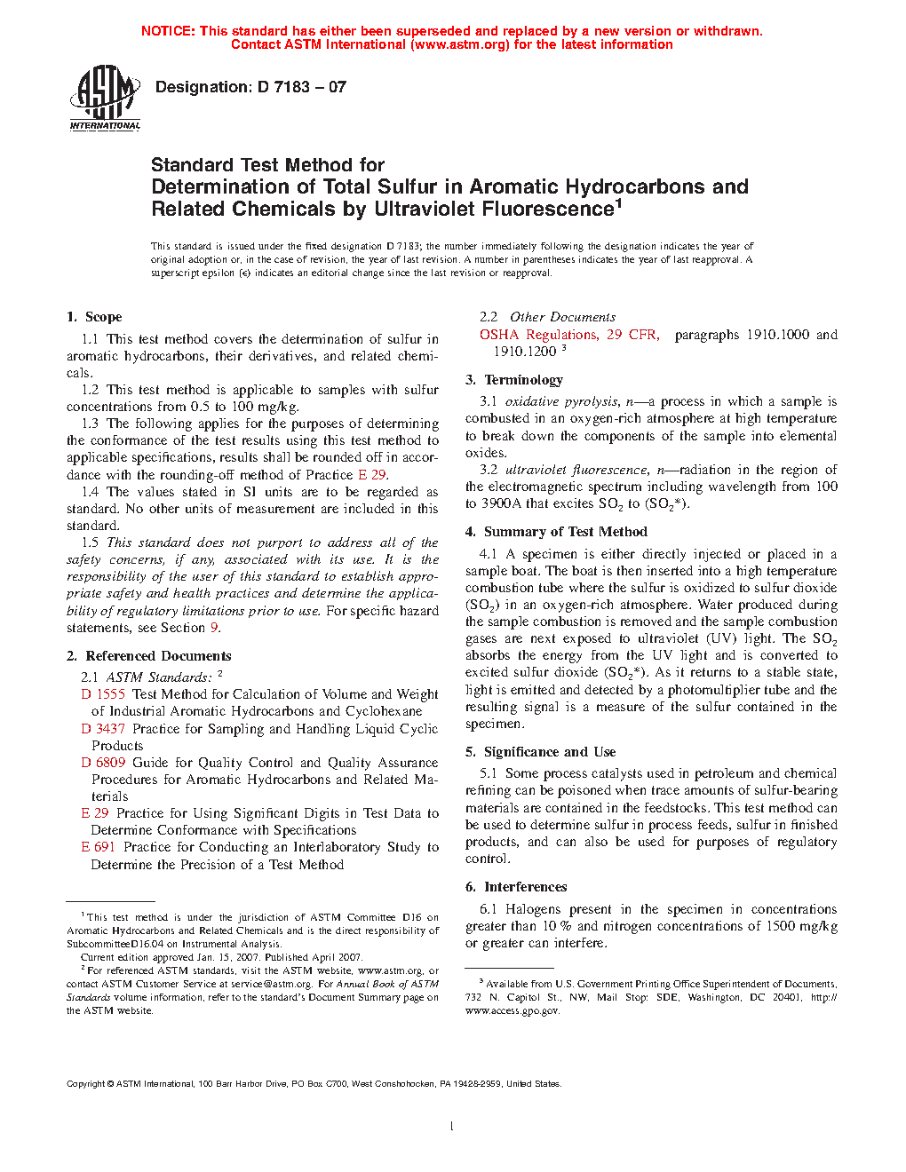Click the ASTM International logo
coord(105,99)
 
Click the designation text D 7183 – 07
coord(250,87)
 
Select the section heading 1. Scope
coord(94,317)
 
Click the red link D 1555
coord(103,694)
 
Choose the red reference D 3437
coord(103,729)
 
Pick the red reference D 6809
coord(103,763)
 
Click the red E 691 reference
coord(99,847)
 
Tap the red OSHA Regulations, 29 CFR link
coord(569,335)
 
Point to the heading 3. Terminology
coord(514,380)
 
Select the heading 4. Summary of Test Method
coord(556,532)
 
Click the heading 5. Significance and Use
coord(540,752)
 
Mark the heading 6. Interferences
coord(516,887)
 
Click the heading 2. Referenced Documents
coord(148,656)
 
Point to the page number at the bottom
coord(452,1127)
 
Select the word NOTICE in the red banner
coord(168,31)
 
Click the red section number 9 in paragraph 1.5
coord(214,628)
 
